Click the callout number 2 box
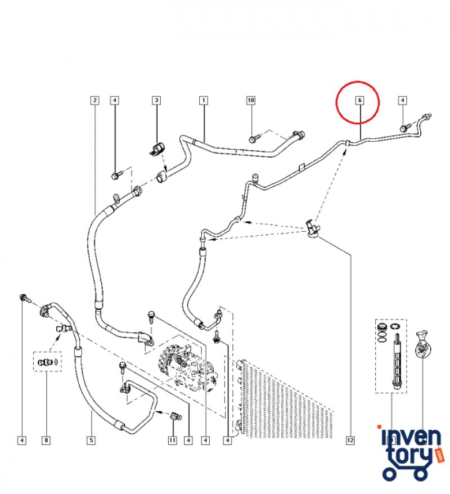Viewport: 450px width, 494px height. (x=94, y=101)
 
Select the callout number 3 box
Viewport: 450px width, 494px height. (x=157, y=101)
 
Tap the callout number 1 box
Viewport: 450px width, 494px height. (x=203, y=101)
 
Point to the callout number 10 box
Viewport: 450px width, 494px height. (x=251, y=101)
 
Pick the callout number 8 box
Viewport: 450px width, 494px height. (x=46, y=441)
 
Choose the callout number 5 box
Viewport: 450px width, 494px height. (x=91, y=441)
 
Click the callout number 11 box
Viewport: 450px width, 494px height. (x=173, y=441)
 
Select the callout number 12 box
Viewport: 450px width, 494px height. (x=350, y=441)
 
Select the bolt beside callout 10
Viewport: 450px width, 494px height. (x=254, y=137)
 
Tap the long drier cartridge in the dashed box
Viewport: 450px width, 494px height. (x=397, y=360)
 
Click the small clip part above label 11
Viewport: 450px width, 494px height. (x=174, y=416)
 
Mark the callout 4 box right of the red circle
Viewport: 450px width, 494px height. (x=402, y=101)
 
